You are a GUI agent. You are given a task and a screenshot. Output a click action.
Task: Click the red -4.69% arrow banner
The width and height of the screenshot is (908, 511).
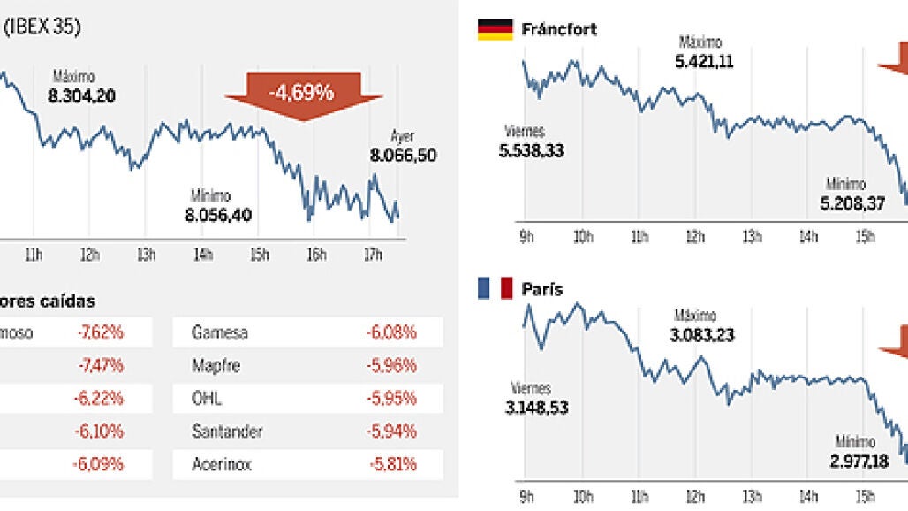pos(303,92)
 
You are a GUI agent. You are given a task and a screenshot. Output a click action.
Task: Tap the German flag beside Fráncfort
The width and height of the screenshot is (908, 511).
pos(495,29)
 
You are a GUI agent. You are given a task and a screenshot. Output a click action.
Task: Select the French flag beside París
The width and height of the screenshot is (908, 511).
pos(495,289)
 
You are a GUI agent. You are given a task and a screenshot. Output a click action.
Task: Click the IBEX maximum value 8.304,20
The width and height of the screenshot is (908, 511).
pos(84,95)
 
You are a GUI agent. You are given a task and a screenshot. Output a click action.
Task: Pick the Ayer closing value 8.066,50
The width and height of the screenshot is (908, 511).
pos(403,156)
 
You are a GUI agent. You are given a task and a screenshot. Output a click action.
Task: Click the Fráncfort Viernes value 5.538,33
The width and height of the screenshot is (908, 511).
pos(531,150)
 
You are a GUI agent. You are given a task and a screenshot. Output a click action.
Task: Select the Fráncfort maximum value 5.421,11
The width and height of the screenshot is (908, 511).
pos(704,61)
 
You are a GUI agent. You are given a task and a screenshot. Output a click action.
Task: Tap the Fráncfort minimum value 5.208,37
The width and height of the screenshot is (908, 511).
pos(852,203)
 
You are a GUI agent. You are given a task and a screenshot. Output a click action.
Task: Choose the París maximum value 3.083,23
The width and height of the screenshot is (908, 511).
pos(702,335)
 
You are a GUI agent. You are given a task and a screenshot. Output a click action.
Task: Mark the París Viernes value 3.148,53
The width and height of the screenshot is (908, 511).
pos(536,408)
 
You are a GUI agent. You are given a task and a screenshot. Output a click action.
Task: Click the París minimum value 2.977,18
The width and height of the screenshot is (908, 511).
pos(851,461)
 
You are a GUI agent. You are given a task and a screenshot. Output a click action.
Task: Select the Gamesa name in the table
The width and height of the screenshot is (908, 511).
pos(220,333)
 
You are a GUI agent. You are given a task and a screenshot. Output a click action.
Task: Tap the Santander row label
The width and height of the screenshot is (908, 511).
pos(227,431)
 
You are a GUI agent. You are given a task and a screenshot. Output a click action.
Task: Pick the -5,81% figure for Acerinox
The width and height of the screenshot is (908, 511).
pos(391,463)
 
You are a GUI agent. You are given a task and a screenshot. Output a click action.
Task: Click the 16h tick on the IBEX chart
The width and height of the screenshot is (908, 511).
pos(316,255)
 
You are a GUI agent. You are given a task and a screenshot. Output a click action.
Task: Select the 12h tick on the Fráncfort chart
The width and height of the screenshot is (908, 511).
pos(696,237)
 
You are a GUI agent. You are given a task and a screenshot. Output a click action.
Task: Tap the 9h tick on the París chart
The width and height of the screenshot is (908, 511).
pos(526,497)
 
